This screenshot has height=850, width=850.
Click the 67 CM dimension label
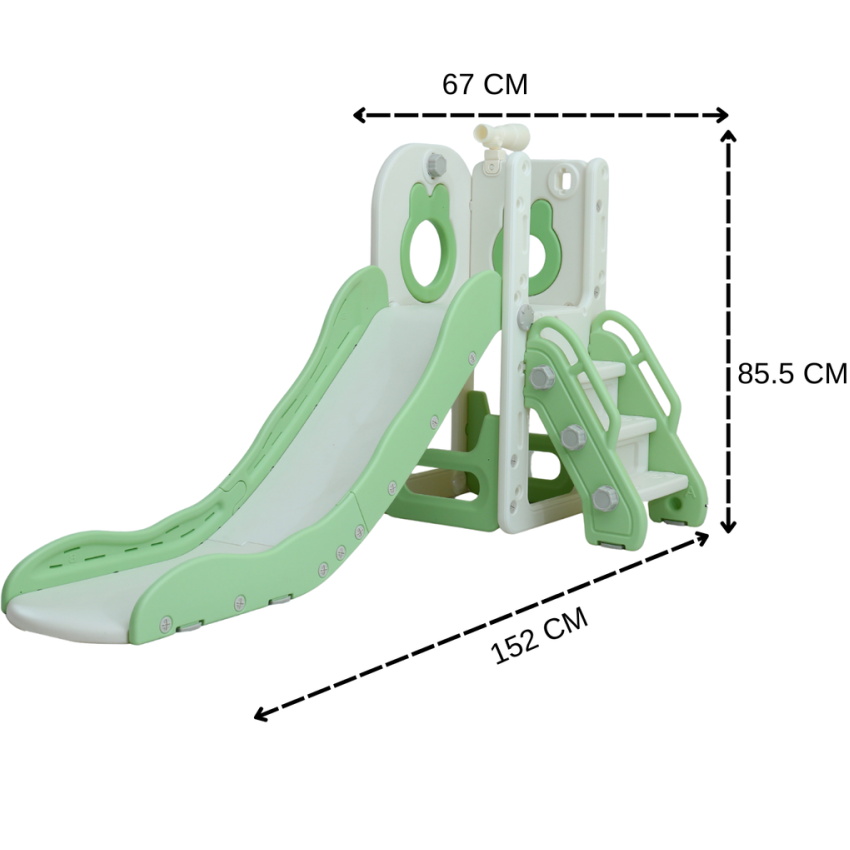485,85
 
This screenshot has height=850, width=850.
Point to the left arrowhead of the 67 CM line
359,115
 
